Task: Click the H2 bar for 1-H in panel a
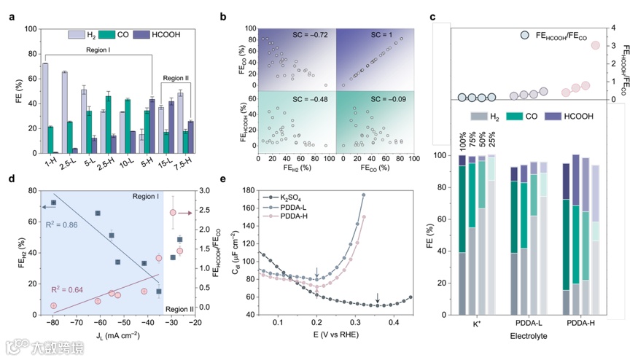pos(45,109)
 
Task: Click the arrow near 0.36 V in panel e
pos(377,297)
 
